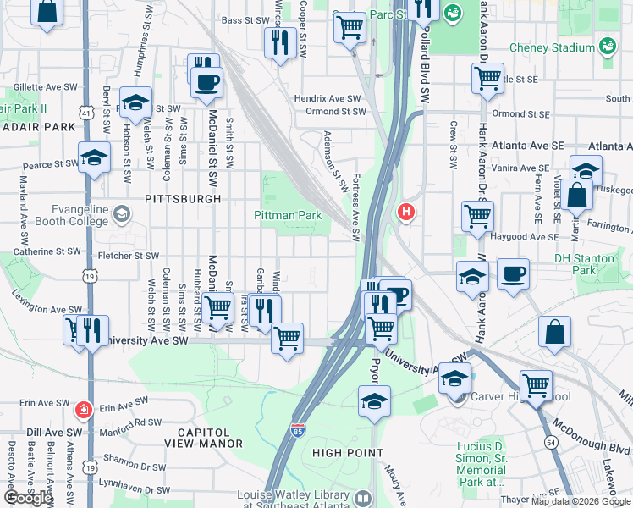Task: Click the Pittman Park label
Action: [288, 215]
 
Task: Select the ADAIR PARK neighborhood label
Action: [38, 127]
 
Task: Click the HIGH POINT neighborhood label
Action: [348, 453]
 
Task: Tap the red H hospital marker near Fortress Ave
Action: [407, 212]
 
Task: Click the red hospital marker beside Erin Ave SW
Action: [82, 411]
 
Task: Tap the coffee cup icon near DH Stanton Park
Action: [513, 275]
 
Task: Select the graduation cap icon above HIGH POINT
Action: [373, 401]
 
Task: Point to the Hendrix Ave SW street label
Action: [328, 99]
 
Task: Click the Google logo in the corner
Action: [28, 498]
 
